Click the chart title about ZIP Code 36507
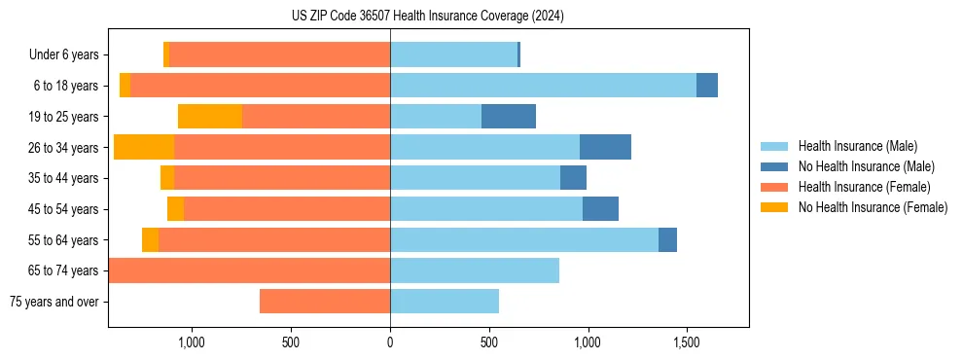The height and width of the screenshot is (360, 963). tap(427, 16)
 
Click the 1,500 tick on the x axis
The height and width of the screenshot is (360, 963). tap(687, 342)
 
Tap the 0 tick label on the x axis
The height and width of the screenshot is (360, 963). tap(390, 342)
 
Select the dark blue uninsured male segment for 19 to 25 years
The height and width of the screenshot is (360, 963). tap(509, 117)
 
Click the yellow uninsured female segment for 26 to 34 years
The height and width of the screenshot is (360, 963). tap(144, 147)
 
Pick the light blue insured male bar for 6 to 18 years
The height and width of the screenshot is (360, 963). tap(543, 86)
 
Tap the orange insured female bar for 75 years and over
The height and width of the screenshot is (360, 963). tap(325, 302)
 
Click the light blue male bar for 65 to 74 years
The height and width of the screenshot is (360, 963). tap(475, 270)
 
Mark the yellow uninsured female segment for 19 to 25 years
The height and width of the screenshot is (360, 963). tap(210, 117)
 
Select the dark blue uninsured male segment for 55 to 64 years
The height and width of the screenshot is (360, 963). tap(667, 239)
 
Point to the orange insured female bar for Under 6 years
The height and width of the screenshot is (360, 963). tap(280, 55)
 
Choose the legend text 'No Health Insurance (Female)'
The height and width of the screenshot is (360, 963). tap(873, 207)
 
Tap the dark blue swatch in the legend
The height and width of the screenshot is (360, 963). tap(774, 166)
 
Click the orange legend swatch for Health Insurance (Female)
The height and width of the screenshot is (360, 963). tap(774, 187)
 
